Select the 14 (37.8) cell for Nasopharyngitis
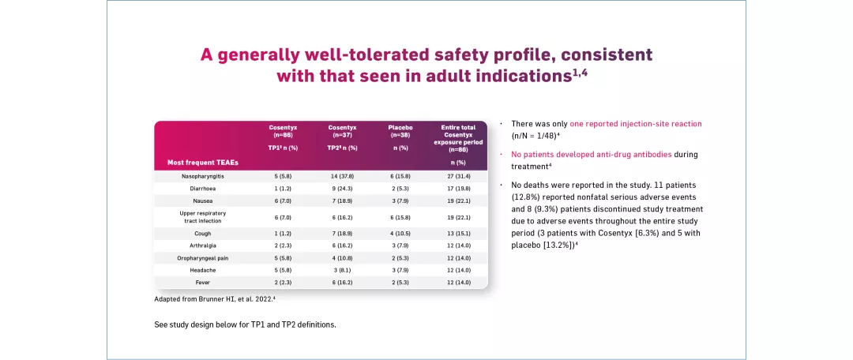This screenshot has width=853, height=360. [x=342, y=176]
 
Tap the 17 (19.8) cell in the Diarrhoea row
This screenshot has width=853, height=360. [x=457, y=188]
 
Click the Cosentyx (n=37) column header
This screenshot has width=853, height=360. [x=342, y=131]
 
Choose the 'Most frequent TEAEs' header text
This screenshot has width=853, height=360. [x=203, y=163]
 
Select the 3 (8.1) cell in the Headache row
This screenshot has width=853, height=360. [x=342, y=270]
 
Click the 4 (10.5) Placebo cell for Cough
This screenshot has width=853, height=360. [x=400, y=234]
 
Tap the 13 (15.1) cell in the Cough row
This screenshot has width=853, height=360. [x=457, y=234]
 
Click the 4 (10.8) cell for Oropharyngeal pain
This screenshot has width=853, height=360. [x=342, y=257]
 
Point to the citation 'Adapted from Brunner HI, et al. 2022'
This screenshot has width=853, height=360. [x=213, y=299]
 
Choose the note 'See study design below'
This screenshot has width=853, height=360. [x=245, y=324]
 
